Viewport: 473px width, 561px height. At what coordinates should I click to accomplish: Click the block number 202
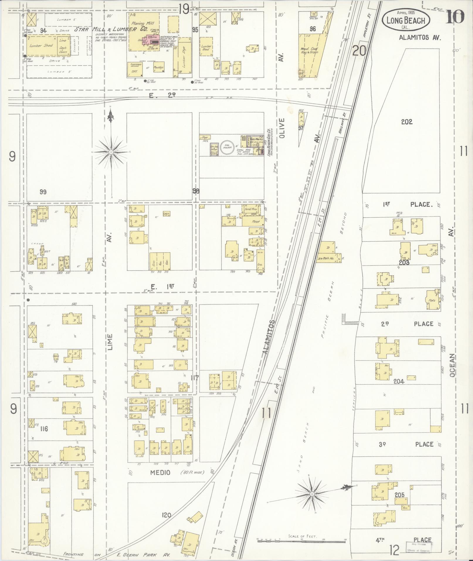point(407,122)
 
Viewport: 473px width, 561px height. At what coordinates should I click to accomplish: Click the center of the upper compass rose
point(111,152)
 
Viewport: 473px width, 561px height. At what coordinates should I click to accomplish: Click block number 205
point(399,495)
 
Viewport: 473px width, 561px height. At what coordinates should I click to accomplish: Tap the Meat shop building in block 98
point(253,222)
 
